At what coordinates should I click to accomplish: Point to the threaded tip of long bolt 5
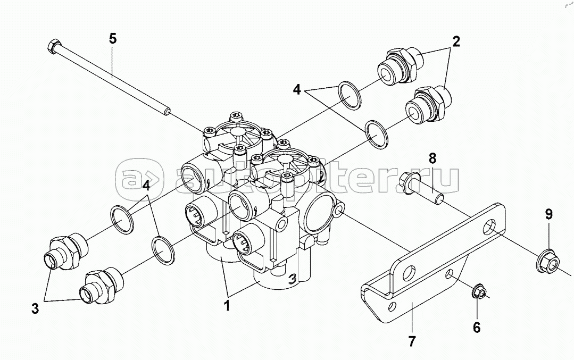(167, 112)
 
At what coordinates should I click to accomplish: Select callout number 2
(455, 40)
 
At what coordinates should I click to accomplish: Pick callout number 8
(432, 158)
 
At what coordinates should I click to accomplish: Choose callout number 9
(548, 214)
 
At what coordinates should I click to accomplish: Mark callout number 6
(476, 327)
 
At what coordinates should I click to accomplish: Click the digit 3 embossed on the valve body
(291, 279)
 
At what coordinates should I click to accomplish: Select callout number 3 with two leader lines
(35, 308)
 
